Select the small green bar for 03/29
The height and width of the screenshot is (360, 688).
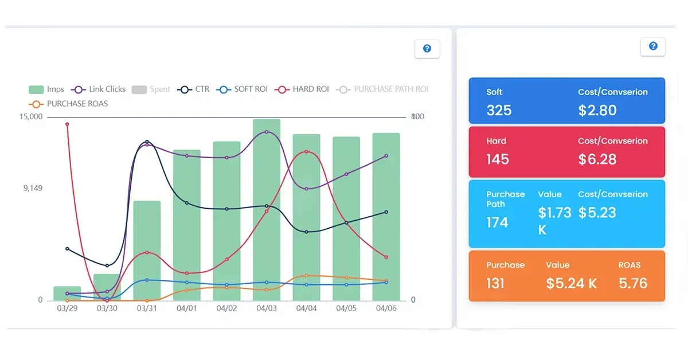click(67, 293)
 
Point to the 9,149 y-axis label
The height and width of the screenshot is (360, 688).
click(32, 188)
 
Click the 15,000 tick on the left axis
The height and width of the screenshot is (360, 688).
click(31, 117)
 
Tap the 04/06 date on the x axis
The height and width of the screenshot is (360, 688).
click(386, 308)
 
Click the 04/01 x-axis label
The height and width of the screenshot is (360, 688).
click(187, 308)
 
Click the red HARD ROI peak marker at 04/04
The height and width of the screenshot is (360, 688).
click(307, 152)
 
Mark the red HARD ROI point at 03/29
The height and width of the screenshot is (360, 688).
click(67, 124)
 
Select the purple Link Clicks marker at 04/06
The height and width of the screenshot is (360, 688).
click(386, 156)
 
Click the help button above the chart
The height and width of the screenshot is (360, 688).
click(427, 49)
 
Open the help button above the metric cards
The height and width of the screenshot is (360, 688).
click(653, 46)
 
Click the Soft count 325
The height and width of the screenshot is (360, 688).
click(499, 110)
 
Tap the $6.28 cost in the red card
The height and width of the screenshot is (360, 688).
click(597, 159)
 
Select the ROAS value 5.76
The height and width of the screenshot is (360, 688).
click(633, 283)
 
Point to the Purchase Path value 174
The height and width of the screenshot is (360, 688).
click(497, 222)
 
